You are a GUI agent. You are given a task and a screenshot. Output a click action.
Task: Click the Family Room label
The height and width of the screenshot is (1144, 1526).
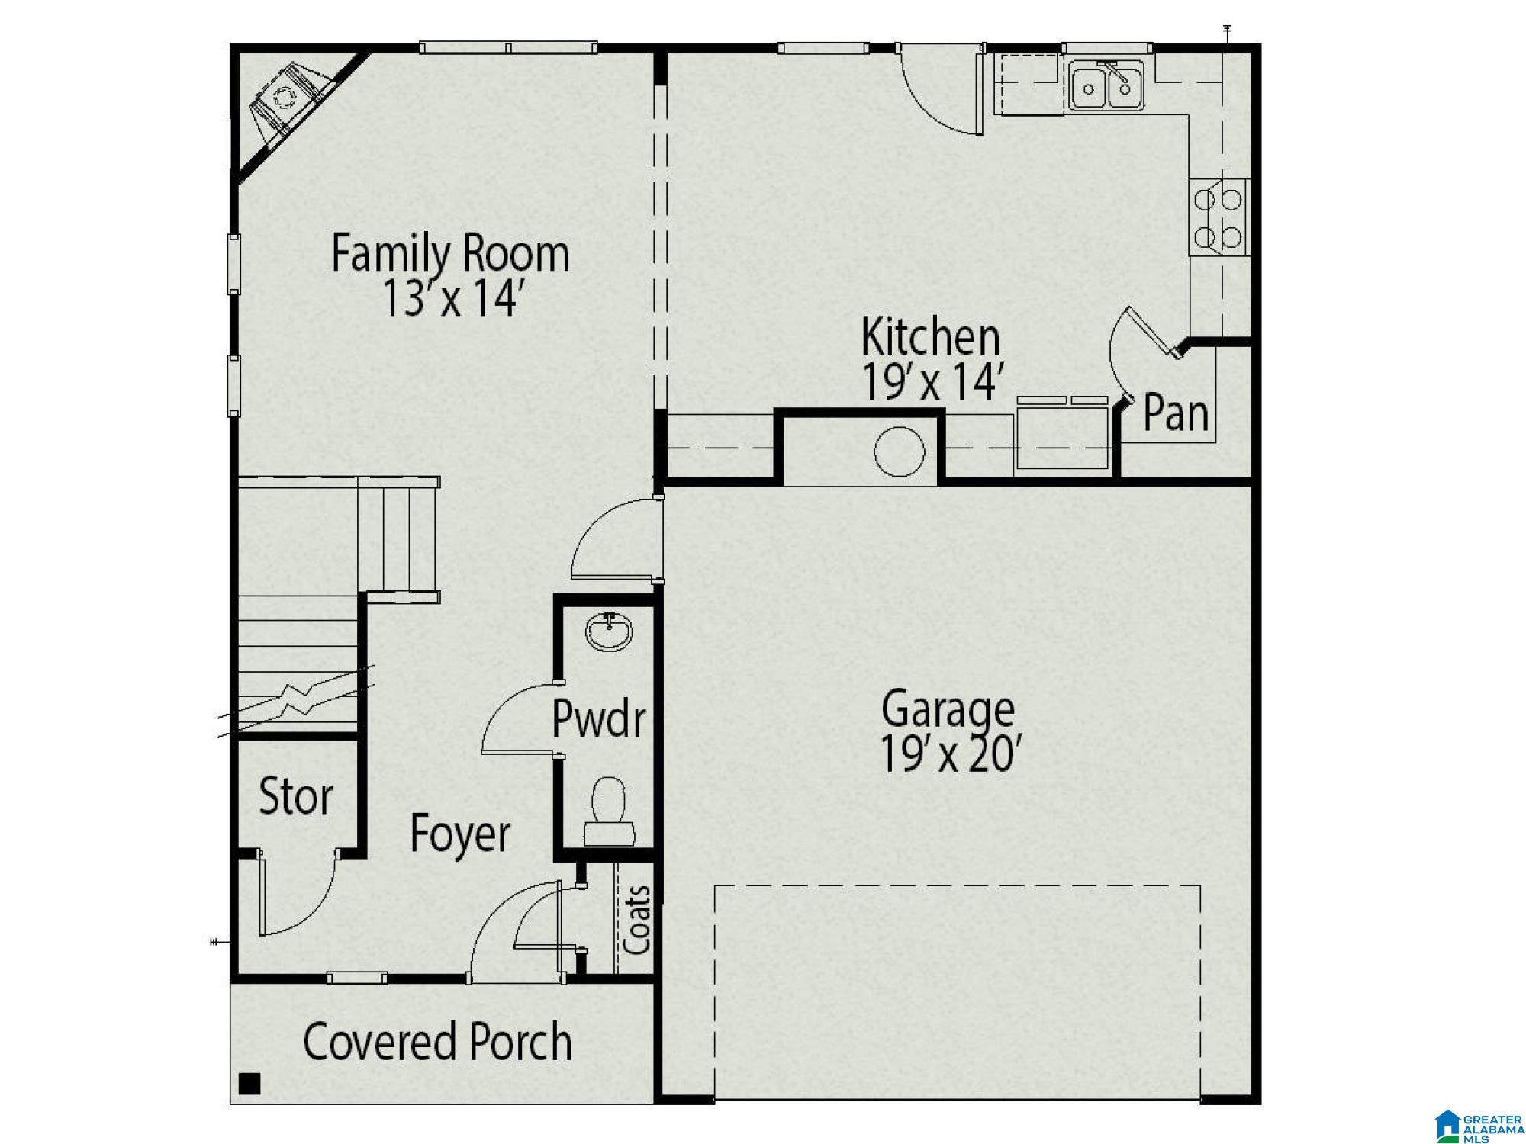click(450, 254)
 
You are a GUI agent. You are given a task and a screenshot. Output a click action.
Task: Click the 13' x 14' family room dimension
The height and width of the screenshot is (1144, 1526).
click(450, 297)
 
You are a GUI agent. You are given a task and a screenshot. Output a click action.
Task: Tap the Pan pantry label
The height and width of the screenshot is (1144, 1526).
click(1176, 413)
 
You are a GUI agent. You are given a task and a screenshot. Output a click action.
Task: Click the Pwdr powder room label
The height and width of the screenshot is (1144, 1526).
click(599, 718)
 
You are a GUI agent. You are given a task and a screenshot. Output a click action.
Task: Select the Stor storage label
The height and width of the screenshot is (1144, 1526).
click(296, 796)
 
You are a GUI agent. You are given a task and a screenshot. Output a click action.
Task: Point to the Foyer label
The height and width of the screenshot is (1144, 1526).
click(460, 834)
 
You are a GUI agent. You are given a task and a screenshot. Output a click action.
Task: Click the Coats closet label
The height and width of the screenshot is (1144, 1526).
click(637, 920)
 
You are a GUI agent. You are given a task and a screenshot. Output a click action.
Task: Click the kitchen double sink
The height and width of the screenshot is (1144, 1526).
click(1106, 87)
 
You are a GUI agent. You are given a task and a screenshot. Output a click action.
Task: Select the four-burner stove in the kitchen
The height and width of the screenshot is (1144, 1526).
click(1219, 217)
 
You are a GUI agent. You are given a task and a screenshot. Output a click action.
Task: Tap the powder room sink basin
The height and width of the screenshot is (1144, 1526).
click(609, 632)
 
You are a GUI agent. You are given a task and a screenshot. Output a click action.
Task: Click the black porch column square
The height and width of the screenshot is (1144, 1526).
click(250, 1083)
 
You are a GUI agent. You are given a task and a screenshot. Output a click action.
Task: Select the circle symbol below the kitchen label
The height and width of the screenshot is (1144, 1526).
click(899, 452)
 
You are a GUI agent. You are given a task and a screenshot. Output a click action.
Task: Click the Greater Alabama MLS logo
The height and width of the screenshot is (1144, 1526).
click(1477, 1126)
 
